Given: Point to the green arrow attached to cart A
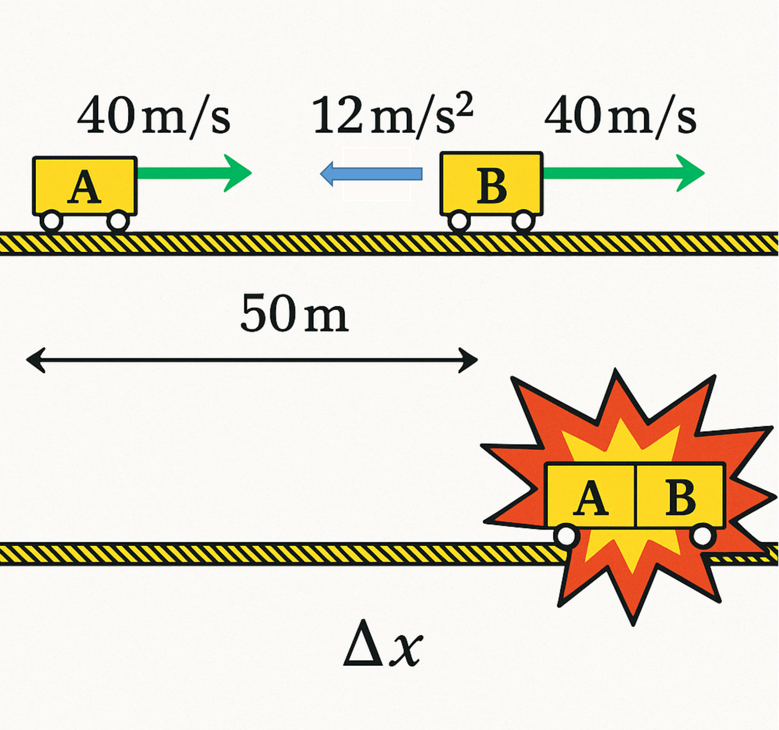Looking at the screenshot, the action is click(x=194, y=173).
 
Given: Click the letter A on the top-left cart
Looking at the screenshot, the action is click(x=84, y=188).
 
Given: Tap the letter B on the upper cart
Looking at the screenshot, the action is click(x=492, y=187).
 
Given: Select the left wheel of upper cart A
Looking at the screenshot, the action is click(x=51, y=221).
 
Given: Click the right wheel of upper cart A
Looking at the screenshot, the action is click(x=117, y=221).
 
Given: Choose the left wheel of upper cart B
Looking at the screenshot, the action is click(x=459, y=221).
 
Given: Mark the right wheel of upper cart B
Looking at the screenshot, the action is click(x=523, y=221).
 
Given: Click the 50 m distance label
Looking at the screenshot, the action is click(x=294, y=314).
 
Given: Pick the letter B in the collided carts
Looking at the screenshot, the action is click(x=680, y=497).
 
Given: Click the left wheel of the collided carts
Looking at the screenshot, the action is click(x=566, y=536).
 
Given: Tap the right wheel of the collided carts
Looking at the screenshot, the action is click(x=702, y=536).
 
